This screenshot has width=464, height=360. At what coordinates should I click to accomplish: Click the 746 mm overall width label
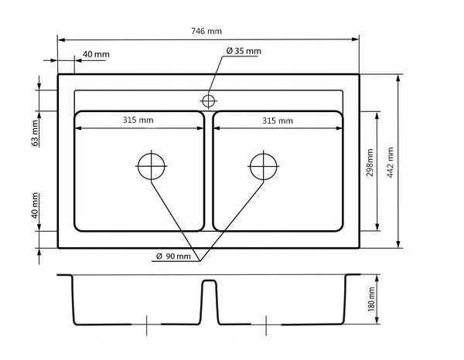coord(206,31)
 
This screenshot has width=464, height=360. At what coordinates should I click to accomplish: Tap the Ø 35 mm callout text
coord(244,51)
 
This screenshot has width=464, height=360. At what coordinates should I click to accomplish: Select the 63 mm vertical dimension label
coord(35,133)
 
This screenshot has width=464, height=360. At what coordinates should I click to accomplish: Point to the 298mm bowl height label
coord(370,162)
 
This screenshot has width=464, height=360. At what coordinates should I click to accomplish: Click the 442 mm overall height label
coord(391,162)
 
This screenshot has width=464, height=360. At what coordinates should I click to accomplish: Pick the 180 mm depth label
coord(371,299)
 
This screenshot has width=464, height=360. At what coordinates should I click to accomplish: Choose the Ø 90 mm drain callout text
coord(173,256)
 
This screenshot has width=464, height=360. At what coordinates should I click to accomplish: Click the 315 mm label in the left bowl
coord(138,120)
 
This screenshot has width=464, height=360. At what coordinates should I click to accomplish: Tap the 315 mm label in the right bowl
coord(278,121)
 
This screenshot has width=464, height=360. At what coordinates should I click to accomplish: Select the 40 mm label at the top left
coord(96,54)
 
